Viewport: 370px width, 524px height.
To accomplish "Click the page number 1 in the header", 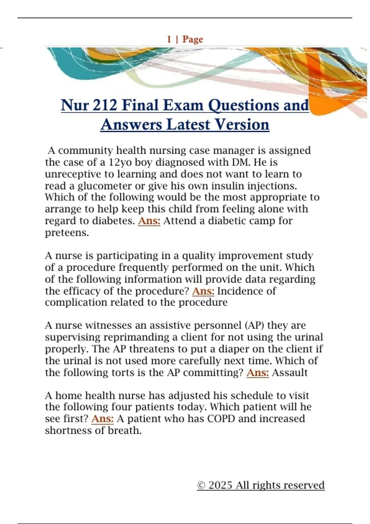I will click(x=169, y=39).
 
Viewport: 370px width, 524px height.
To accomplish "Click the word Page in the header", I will click(x=193, y=39).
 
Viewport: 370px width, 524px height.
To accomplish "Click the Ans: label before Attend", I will click(x=149, y=221).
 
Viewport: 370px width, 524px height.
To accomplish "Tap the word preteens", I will click(x=67, y=233).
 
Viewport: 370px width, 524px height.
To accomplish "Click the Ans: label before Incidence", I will click(x=203, y=291).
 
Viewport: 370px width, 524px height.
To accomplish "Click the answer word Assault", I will click(x=290, y=372).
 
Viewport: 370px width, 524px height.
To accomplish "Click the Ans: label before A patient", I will click(x=103, y=419).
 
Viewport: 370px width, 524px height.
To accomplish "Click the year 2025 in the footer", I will click(x=220, y=485).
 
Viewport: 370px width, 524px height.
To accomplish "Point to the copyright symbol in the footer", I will click(x=201, y=485).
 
